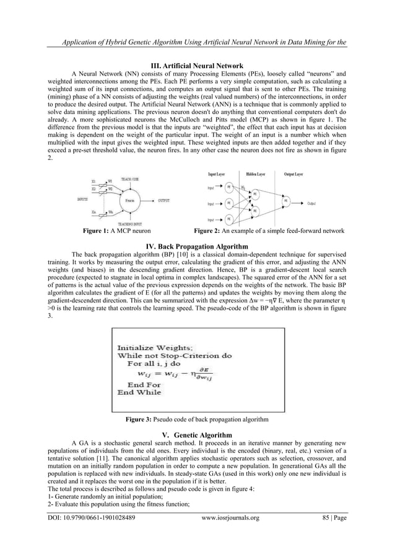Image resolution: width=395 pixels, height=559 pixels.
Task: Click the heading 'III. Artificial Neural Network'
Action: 197,66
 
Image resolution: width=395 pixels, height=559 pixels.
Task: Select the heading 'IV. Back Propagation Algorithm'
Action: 197,246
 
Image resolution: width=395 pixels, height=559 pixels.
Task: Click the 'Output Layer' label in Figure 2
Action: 290,174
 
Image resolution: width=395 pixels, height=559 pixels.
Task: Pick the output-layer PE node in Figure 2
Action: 285,201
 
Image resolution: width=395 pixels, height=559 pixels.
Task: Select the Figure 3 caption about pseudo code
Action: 197,420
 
